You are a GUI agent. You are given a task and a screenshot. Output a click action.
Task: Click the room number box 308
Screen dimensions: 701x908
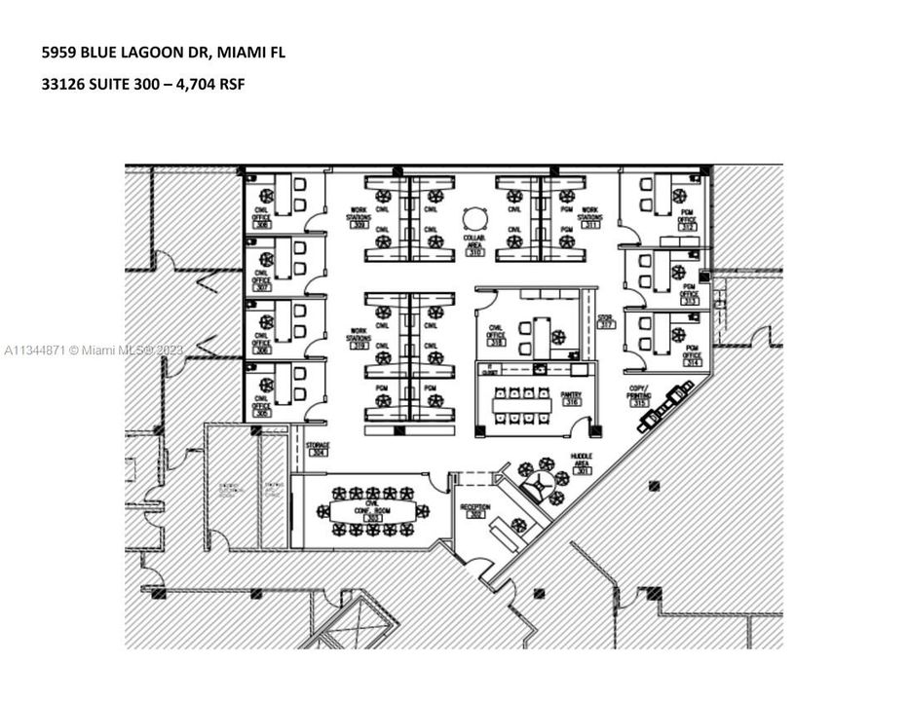point(261,225)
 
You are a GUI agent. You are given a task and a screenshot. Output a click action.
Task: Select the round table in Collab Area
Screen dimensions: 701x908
point(474,218)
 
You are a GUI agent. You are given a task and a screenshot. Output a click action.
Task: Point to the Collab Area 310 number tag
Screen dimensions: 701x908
point(474,252)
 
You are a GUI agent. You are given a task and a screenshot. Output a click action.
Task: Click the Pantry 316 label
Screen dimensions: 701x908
point(571,397)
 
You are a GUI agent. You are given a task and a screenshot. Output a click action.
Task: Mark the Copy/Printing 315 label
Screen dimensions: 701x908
point(639,396)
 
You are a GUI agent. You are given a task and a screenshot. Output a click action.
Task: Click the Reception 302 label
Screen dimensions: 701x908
point(476,510)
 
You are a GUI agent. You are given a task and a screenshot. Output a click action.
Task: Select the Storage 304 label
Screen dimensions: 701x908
point(318,449)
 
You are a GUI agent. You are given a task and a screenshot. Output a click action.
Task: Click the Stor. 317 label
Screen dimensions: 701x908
point(605,320)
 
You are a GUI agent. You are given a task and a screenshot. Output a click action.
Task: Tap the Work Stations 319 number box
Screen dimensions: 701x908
point(359,346)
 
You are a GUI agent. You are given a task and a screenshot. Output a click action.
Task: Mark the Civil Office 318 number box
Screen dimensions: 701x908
point(497,343)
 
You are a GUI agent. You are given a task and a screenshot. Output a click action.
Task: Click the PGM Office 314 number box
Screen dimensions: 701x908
point(692,362)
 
